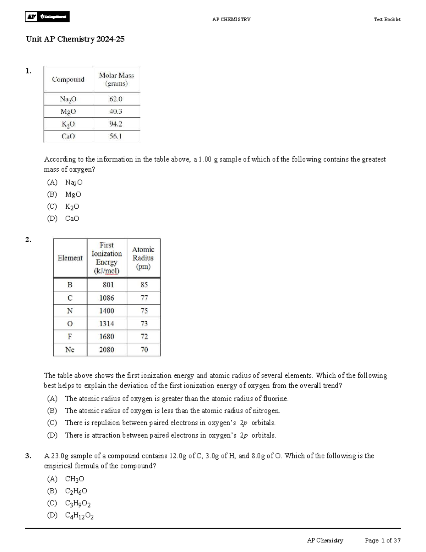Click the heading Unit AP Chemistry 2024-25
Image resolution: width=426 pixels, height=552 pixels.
(75, 39)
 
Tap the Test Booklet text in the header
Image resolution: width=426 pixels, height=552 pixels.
(387, 20)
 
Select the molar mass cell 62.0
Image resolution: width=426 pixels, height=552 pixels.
(116, 99)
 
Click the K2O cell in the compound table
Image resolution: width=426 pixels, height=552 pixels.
(68, 124)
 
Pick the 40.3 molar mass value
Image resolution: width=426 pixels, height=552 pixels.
(116, 112)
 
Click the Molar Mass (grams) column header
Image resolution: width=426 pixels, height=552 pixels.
(116, 79)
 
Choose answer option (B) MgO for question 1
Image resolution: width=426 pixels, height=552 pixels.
(64, 194)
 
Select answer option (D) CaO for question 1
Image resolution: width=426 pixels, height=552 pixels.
(63, 219)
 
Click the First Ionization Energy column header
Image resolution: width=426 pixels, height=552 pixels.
(106, 258)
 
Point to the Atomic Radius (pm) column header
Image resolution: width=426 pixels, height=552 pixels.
(143, 258)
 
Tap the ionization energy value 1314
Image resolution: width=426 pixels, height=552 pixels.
(106, 323)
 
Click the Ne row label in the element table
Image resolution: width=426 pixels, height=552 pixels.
(70, 349)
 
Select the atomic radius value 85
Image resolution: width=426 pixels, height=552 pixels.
(144, 285)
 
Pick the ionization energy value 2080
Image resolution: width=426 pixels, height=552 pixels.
(106, 349)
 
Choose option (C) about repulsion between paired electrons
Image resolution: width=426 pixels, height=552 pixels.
(162, 423)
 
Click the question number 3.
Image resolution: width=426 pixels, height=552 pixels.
(28, 456)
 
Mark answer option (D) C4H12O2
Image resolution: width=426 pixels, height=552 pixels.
(70, 515)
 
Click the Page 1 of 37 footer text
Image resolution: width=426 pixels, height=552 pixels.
(383, 541)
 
